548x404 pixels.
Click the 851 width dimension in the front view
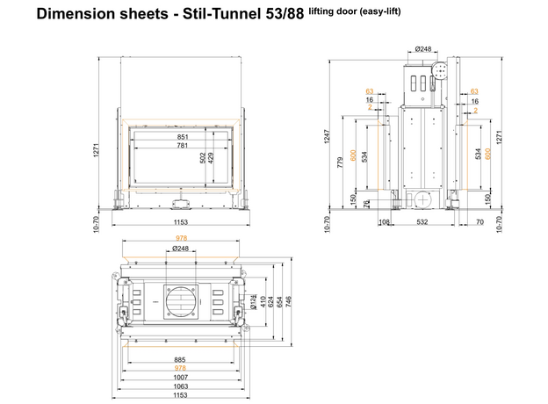click(x=183, y=137)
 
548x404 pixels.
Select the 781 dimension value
click(x=183, y=146)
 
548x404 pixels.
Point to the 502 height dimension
click(x=203, y=158)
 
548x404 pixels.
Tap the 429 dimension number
click(x=211, y=158)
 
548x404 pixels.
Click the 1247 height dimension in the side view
click(x=327, y=136)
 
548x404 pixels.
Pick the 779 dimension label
click(x=340, y=162)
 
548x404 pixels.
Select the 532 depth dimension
click(x=422, y=222)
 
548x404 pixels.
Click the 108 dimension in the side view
click(x=384, y=222)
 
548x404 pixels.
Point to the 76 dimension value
click(x=366, y=204)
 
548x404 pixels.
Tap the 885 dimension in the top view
click(x=180, y=359)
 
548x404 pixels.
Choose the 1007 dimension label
click(x=180, y=378)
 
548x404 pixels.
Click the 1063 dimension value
click(x=180, y=386)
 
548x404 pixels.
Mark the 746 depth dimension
click(x=288, y=301)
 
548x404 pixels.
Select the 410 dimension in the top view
click(x=263, y=301)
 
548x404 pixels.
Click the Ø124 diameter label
click(x=254, y=302)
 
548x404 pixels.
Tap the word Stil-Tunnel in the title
click(x=221, y=14)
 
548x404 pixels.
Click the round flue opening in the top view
click(x=181, y=301)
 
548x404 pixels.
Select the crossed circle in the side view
click(x=423, y=200)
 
